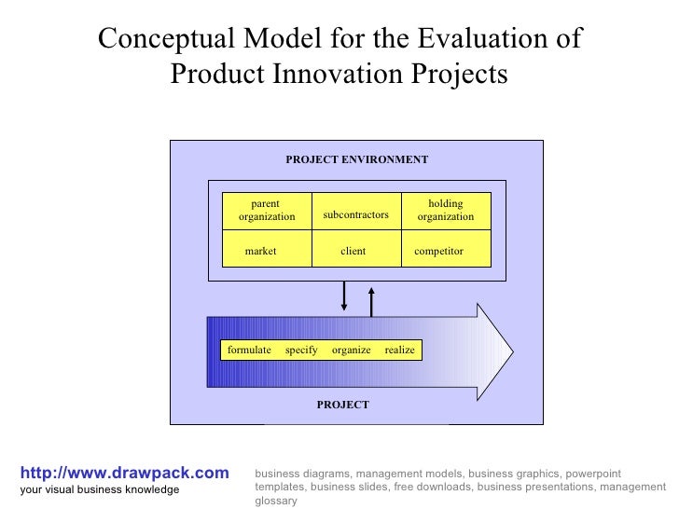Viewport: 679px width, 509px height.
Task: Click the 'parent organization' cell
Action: (266, 211)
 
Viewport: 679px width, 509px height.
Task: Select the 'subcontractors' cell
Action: (355, 215)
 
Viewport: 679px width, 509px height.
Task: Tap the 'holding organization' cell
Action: (445, 211)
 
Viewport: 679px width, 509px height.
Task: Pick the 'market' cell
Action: (260, 251)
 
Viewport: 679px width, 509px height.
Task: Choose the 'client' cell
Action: (353, 251)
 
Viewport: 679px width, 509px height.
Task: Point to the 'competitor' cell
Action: (438, 251)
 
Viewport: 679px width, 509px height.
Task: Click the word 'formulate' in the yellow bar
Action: (249, 350)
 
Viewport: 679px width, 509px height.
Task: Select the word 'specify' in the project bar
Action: (301, 350)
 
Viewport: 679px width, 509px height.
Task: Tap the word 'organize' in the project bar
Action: (351, 350)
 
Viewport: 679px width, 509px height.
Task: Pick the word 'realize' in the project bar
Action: (399, 350)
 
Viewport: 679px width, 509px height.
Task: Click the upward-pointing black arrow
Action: (371, 301)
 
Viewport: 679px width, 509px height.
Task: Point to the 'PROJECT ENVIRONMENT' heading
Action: (356, 159)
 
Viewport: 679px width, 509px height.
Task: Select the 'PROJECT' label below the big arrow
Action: (342, 405)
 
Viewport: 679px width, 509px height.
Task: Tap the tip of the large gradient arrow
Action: (508, 351)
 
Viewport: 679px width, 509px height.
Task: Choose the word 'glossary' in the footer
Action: (275, 501)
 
